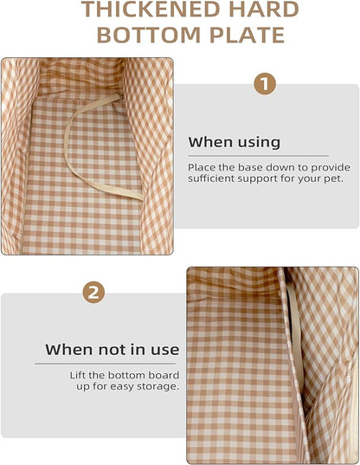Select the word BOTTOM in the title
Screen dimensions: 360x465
[149, 35]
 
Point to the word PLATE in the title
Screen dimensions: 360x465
[247, 35]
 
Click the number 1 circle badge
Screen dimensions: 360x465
[265, 84]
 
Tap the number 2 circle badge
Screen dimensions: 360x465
[93, 293]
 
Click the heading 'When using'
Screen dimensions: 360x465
[234, 142]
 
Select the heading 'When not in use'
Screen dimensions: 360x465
[112, 349]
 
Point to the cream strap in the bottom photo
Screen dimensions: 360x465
[295, 335]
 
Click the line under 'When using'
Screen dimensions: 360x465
[259, 155]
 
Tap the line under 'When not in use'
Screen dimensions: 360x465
[106, 364]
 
